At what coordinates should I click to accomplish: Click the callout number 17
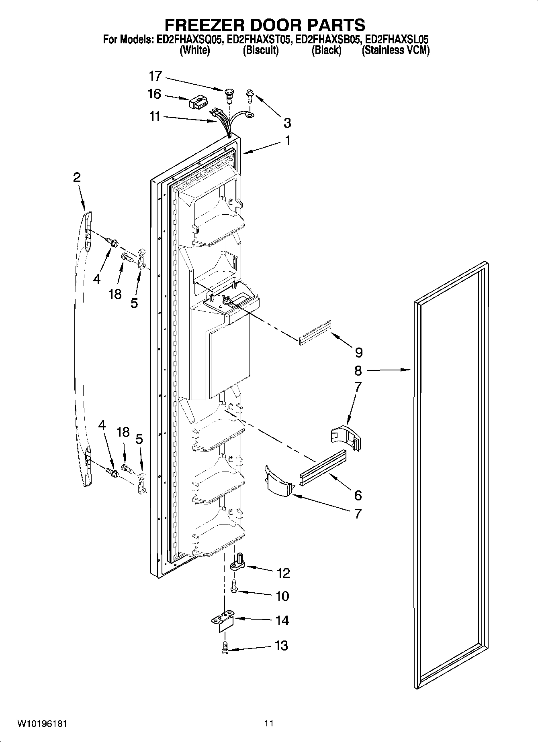[155, 76]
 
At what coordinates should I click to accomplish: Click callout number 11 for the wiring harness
[155, 117]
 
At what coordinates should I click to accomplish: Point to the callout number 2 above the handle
[77, 178]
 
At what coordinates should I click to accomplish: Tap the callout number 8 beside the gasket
[358, 370]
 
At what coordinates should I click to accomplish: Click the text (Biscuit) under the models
[260, 51]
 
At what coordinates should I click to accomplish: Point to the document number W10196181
[42, 724]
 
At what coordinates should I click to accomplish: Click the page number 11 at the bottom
[269, 724]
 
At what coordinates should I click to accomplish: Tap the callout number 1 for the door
[288, 141]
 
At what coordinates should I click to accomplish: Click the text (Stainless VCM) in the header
[395, 51]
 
